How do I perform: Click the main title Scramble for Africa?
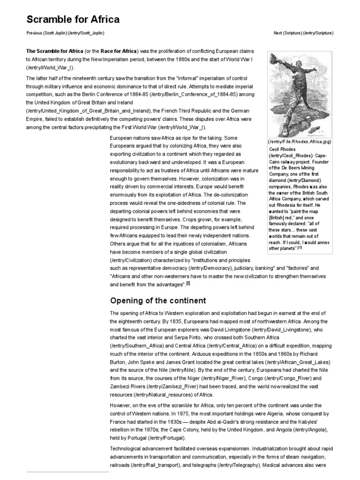click(73, 19)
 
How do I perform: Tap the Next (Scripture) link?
click(303, 33)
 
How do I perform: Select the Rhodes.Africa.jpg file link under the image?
click(300, 142)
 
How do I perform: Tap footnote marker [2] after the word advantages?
click(188, 284)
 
